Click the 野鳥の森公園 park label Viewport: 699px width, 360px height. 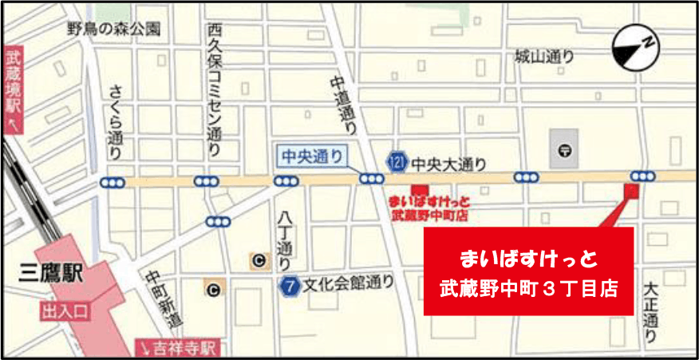114,30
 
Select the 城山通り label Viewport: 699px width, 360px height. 545,57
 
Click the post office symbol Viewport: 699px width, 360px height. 565,149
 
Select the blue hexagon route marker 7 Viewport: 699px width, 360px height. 289,284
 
